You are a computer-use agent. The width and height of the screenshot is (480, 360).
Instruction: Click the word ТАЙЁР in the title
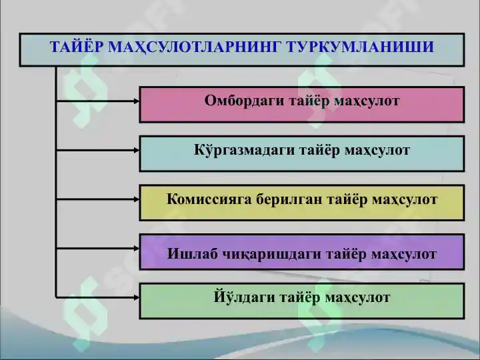point(75,47)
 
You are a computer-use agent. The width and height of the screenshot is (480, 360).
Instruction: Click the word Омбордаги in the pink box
point(244,101)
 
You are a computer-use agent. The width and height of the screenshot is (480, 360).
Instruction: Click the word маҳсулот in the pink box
point(367,101)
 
